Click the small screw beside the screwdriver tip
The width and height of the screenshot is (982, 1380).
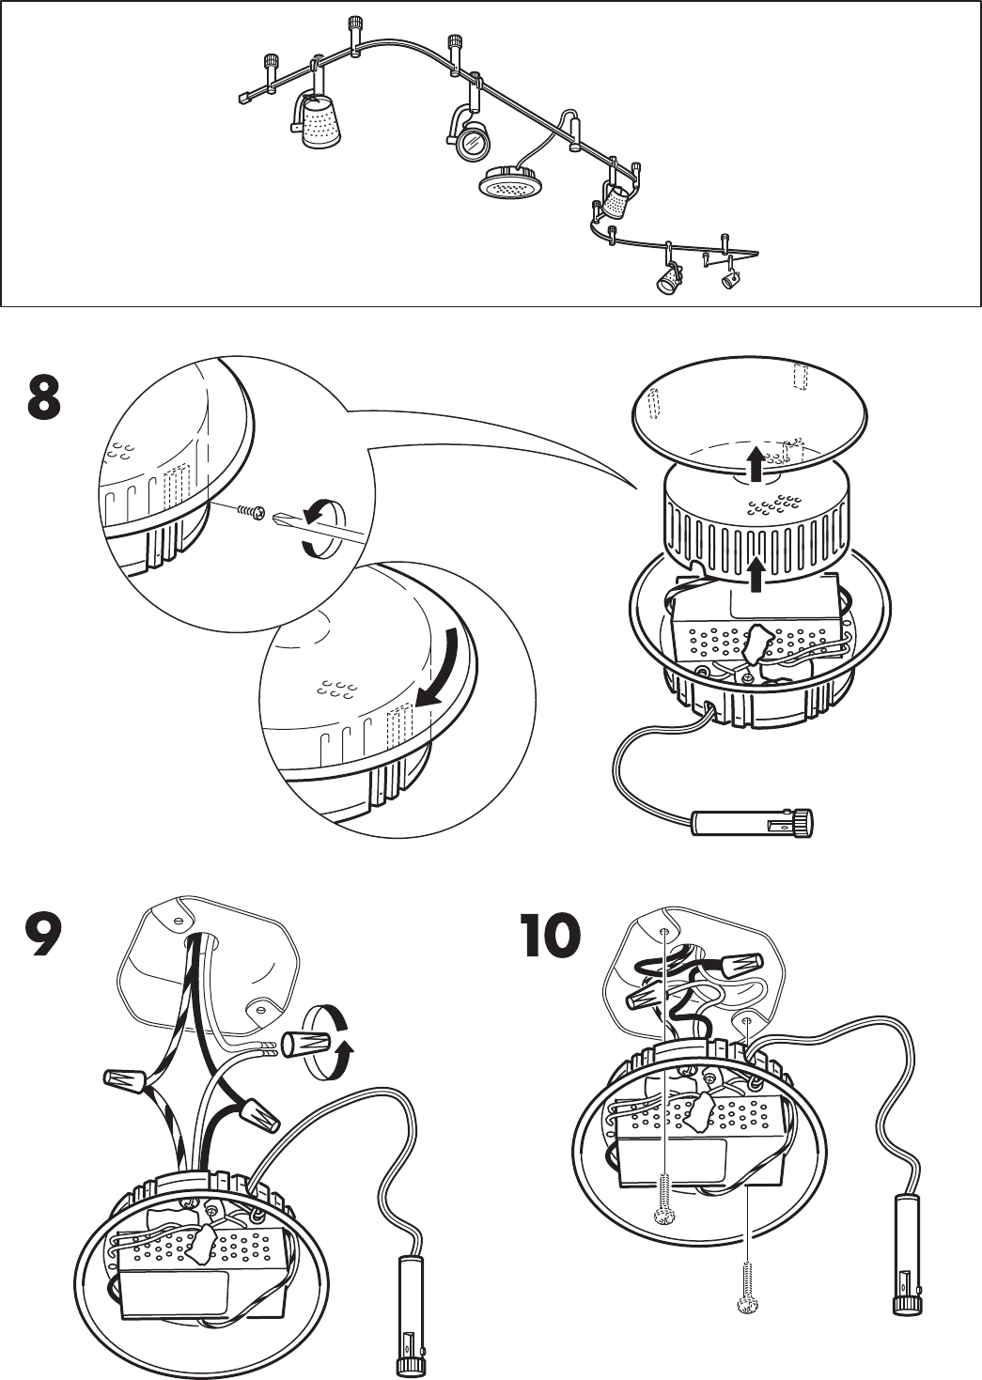pyautogui.click(x=250, y=510)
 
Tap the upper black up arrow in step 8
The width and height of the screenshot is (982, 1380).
pyautogui.click(x=752, y=462)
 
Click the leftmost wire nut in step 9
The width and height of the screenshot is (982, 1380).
pyautogui.click(x=125, y=1081)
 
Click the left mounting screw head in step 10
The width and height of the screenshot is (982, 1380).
pyautogui.click(x=663, y=1217)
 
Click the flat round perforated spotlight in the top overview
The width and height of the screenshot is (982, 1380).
pyautogui.click(x=511, y=183)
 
